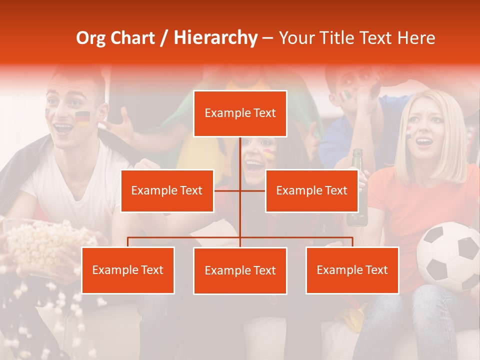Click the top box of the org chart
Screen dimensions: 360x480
tap(240, 113)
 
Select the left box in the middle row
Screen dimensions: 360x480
tap(167, 191)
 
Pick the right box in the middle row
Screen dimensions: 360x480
tap(311, 191)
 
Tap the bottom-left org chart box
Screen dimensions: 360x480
tap(128, 270)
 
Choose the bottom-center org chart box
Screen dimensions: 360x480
tap(240, 271)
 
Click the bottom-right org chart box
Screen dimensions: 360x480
tap(352, 270)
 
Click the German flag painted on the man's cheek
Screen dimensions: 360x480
tap(82, 118)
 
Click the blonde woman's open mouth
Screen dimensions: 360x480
tap(424, 142)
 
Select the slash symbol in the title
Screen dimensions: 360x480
tap(164, 38)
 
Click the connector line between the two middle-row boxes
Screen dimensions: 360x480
tap(240, 190)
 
